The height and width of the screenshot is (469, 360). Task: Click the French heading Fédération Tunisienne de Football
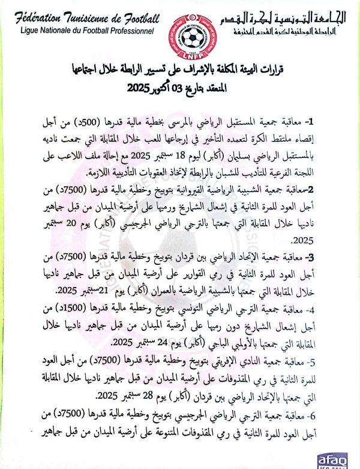pos(82,17)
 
